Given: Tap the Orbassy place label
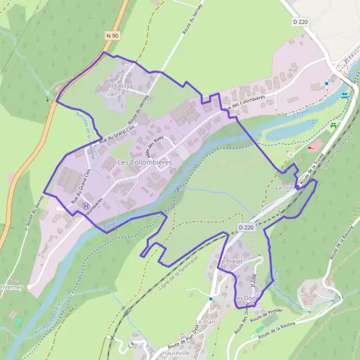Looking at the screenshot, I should pos(118,86).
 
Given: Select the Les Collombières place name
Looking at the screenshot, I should pos(145,162).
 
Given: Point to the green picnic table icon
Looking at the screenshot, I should pos(332,125).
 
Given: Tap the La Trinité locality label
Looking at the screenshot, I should pos(286,188).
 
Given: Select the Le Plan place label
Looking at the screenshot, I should pos(205,322).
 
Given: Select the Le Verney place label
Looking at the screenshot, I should pos(10,287).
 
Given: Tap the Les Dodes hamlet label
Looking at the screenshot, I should pos(247,298).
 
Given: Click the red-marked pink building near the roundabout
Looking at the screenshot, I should pos(314,146).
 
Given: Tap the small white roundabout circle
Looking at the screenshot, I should pos(290,155).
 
